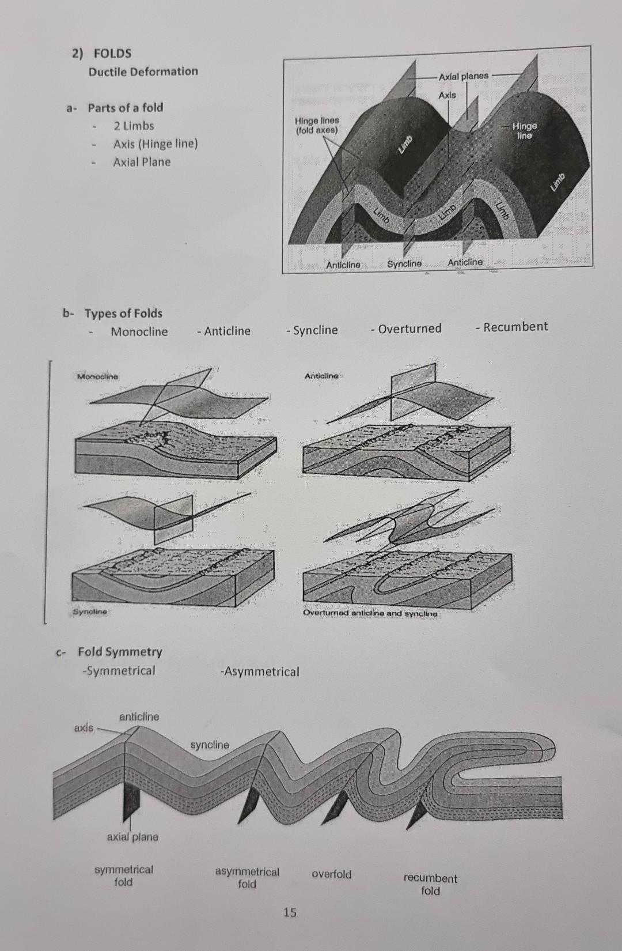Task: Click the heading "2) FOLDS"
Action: [x=102, y=54]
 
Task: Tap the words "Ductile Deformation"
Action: [x=143, y=71]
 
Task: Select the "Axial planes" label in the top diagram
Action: [x=463, y=76]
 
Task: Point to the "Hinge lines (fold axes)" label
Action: [x=317, y=125]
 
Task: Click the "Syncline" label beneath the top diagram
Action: [x=404, y=263]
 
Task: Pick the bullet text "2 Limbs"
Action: [x=134, y=126]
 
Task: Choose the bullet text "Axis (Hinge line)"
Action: [x=155, y=144]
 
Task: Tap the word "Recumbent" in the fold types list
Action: [x=515, y=327]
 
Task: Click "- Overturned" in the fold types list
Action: [x=407, y=329]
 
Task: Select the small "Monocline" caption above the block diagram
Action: [x=97, y=376]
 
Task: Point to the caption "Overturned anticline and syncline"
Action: [x=370, y=613]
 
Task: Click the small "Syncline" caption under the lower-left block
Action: [x=90, y=611]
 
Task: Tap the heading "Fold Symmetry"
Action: [x=120, y=652]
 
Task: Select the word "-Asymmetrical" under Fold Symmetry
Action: [x=260, y=671]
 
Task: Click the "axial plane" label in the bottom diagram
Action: [x=132, y=837]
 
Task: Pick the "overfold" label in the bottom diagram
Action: [x=332, y=874]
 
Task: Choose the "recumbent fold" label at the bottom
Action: [x=430, y=884]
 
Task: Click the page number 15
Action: [x=290, y=912]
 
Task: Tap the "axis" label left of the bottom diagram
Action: [x=84, y=728]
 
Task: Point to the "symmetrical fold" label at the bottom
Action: [x=124, y=875]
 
